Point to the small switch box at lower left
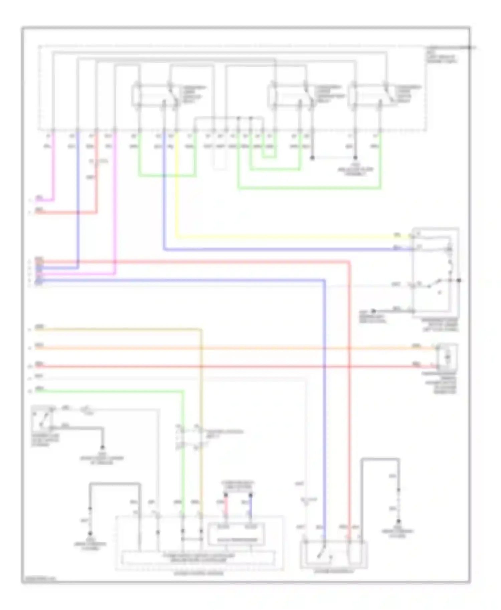(x=42, y=419)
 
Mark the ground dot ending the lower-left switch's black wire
(x=103, y=447)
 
